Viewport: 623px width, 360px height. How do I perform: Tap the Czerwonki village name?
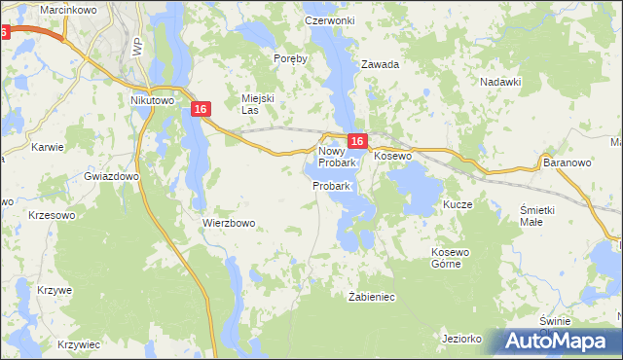pos(329,20)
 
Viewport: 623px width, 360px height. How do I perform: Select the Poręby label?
pos(290,58)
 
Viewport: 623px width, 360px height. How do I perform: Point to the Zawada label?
pos(381,64)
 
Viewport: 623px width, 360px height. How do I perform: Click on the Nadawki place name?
pos(501,83)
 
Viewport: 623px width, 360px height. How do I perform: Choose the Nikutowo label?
pos(151,99)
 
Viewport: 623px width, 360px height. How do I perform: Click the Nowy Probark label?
pos(337,157)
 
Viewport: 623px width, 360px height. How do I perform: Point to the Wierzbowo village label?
pos(229,222)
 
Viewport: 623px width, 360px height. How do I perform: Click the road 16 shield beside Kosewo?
pos(356,141)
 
